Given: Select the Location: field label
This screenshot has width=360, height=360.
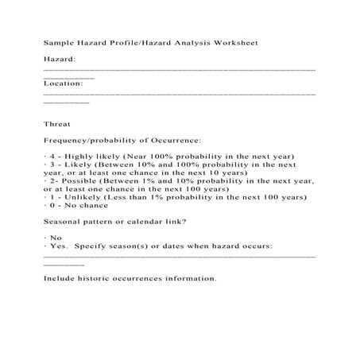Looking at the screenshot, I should tap(64, 83).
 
